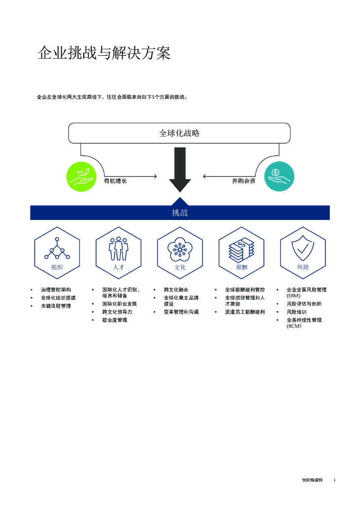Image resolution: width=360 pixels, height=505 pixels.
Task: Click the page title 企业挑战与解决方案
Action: point(104,54)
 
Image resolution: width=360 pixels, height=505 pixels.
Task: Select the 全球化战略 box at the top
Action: point(179,133)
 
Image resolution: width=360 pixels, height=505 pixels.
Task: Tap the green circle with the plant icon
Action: point(81,177)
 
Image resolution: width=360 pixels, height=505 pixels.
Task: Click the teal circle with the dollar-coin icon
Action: point(279,177)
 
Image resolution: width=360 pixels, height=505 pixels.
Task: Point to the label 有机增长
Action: point(115,181)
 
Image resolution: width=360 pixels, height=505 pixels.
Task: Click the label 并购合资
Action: point(244,181)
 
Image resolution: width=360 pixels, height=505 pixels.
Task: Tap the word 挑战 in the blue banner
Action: point(180,213)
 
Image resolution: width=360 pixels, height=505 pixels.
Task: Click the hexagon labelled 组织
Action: point(57,253)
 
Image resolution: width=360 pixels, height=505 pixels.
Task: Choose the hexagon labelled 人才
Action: point(118,253)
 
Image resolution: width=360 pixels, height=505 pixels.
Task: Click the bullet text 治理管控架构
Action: point(56,290)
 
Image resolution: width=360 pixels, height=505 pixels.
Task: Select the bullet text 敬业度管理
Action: point(114,320)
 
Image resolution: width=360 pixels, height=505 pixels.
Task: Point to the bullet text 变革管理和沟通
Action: point(181,312)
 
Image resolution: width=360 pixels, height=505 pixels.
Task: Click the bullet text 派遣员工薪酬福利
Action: point(245,312)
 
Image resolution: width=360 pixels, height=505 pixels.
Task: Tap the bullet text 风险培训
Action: point(296,312)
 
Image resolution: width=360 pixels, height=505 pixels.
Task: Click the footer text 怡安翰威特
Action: point(312,480)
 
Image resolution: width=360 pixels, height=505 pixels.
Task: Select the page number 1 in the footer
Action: point(334,480)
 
